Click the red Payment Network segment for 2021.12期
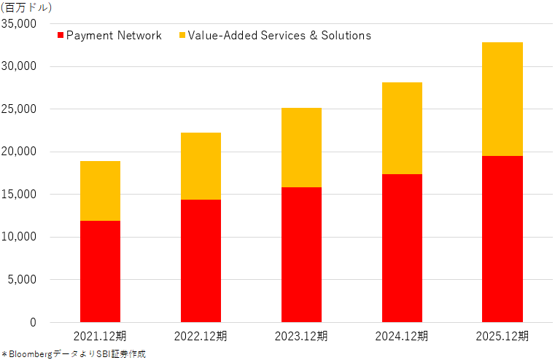coord(100,271)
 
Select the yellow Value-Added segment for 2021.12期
coord(100,191)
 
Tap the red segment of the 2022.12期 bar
coord(201,261)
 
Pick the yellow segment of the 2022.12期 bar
coord(201,166)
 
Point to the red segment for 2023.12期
coord(302,254)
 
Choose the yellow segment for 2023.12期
coord(302,147)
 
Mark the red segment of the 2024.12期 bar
coord(402,248)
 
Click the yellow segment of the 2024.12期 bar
coord(402,128)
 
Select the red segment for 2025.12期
coord(502,239)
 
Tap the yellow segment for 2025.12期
coord(502,99)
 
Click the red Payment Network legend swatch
coord(61,36)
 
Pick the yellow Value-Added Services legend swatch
coord(182,36)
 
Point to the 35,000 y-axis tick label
coord(19,24)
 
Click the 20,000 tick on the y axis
coord(19,152)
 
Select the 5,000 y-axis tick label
coord(22,279)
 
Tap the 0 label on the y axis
coord(34,322)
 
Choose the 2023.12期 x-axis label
coord(301,336)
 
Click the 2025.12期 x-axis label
coord(502,336)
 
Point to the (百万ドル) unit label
coord(26,7)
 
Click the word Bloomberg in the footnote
coord(31,354)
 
